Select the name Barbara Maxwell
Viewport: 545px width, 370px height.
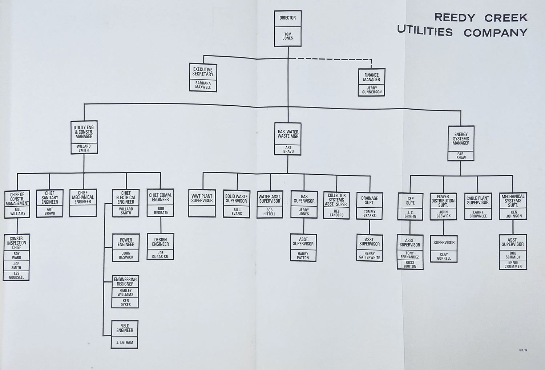pos(203,85)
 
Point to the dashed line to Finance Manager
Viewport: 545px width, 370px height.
pos(331,59)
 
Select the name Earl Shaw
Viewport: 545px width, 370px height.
pos(461,156)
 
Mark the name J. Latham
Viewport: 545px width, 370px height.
pos(125,342)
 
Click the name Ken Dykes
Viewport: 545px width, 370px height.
pos(125,302)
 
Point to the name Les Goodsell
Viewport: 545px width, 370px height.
pos(17,275)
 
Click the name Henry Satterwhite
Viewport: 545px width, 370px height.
pos(370,256)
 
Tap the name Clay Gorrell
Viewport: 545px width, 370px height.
pos(444,256)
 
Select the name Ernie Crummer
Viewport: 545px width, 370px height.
pos(513,264)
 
